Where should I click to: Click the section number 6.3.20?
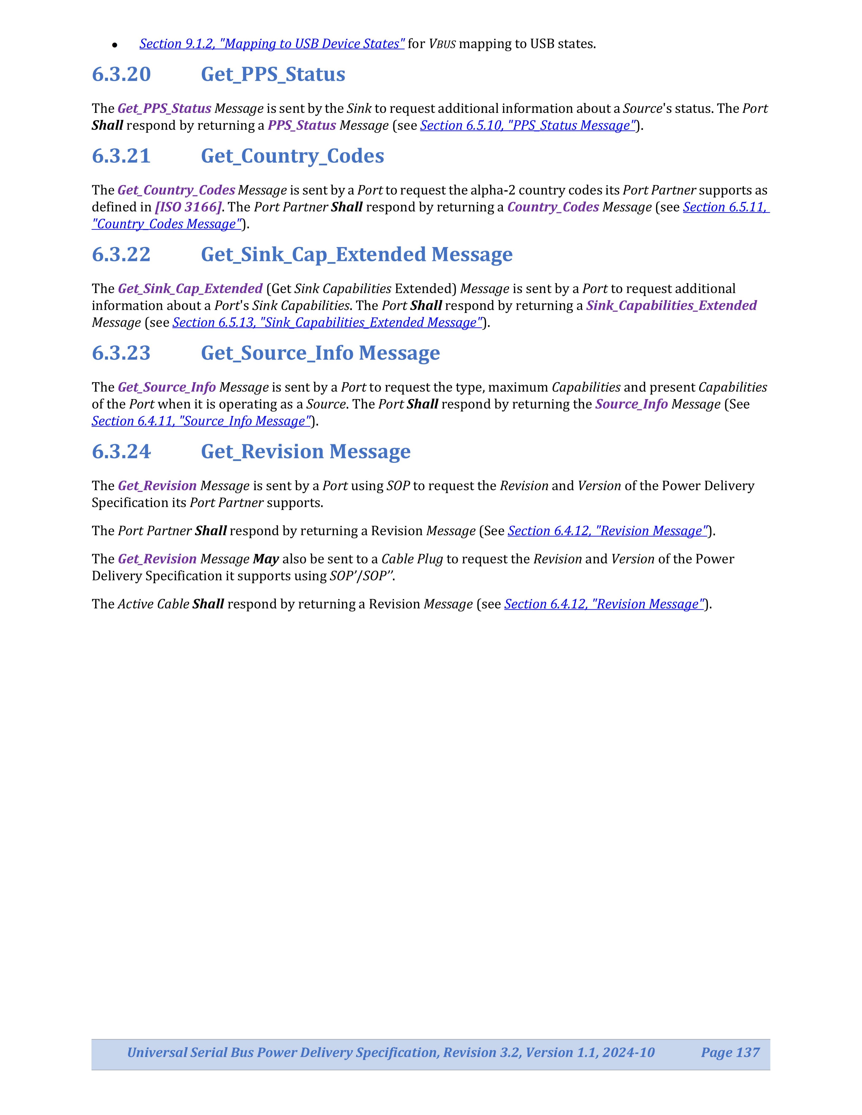pyautogui.click(x=121, y=74)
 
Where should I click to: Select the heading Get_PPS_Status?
pyautogui.click(x=273, y=74)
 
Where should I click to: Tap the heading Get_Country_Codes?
pyautogui.click(x=292, y=156)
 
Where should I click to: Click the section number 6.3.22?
pyautogui.click(x=121, y=255)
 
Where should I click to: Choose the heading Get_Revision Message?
pyautogui.click(x=305, y=452)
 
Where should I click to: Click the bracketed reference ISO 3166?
pyautogui.click(x=188, y=207)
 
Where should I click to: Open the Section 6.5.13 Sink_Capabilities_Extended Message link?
pyautogui.click(x=327, y=323)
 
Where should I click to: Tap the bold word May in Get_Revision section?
pyautogui.click(x=265, y=559)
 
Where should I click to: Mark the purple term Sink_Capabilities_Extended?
pyautogui.click(x=671, y=306)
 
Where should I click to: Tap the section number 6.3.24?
pyautogui.click(x=121, y=452)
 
